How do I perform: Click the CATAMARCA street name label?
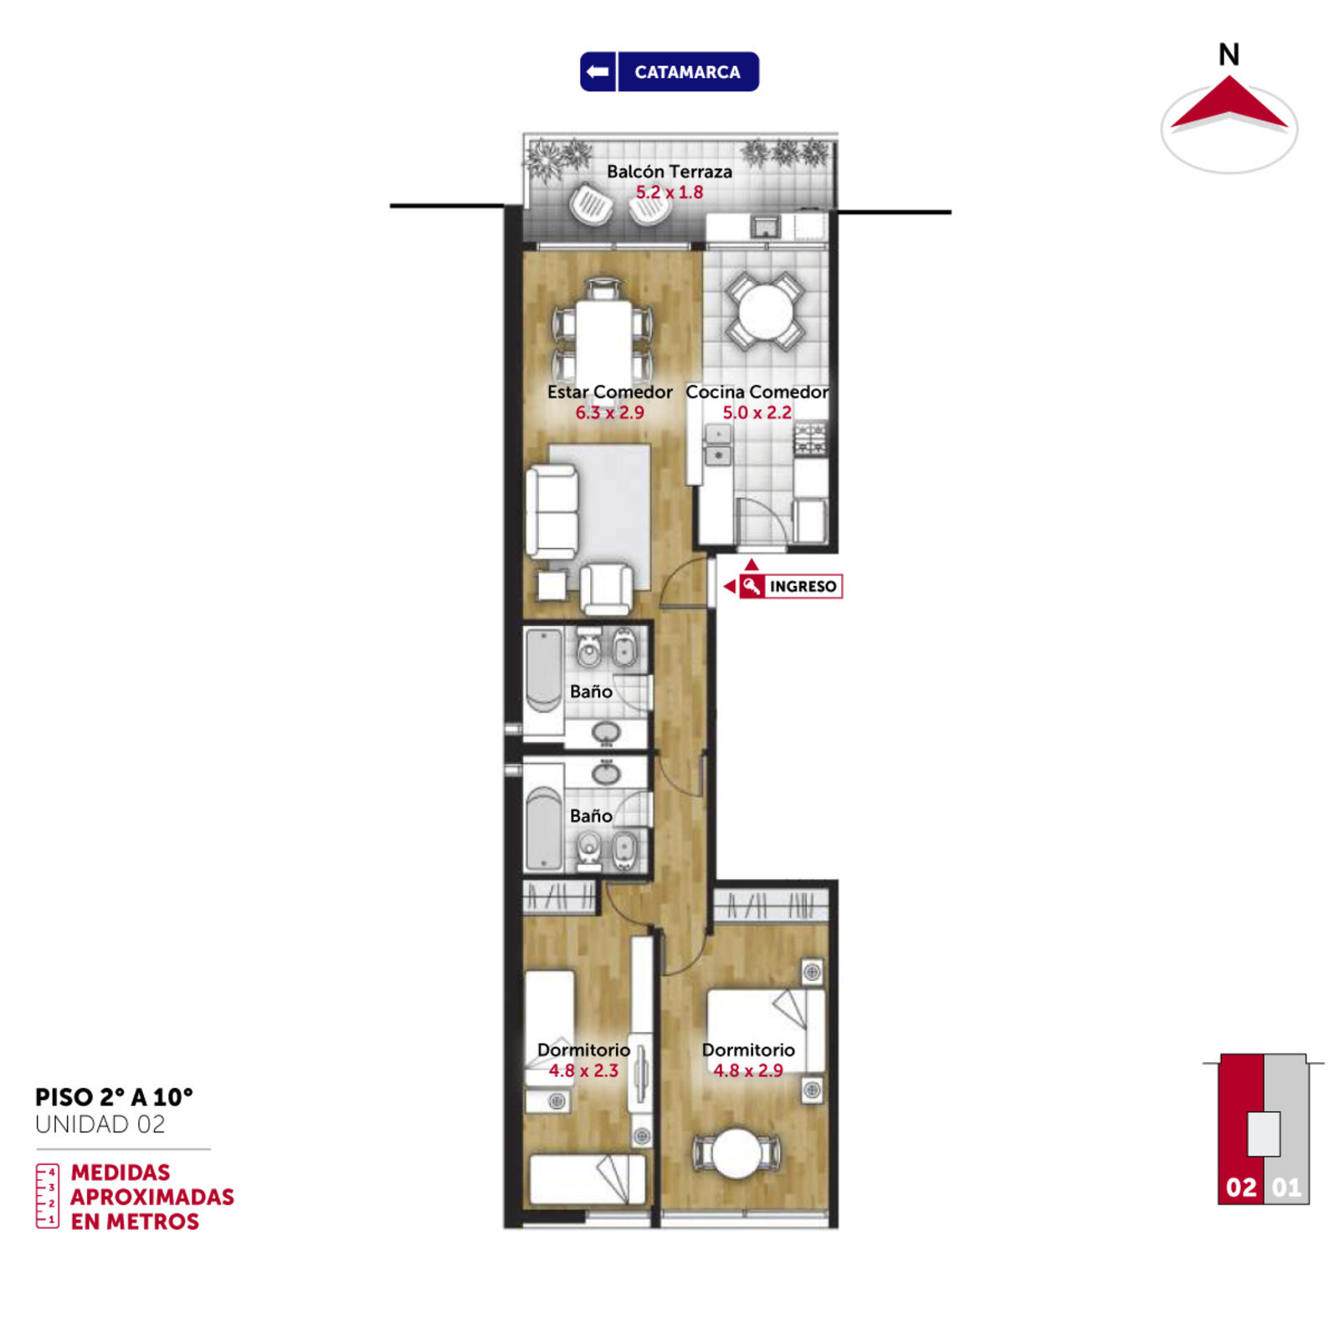687,72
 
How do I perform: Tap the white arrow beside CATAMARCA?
598,72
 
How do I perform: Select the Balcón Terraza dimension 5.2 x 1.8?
669,192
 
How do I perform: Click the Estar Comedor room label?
609,392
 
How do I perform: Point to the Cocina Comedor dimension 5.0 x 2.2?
757,413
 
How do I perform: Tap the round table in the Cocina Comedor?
765,311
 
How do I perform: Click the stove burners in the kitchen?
809,439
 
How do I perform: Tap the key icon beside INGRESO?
752,586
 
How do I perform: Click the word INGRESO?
803,587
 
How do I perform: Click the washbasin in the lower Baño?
606,773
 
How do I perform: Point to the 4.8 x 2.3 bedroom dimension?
583,1070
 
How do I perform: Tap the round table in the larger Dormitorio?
736,1153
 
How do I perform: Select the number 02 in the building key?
1241,1188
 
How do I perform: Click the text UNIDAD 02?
100,1124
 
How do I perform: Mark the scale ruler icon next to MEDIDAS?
47,1196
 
